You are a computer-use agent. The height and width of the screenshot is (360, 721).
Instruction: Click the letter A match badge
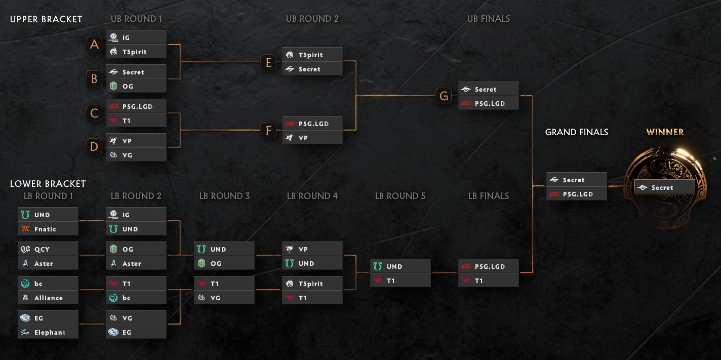point(94,44)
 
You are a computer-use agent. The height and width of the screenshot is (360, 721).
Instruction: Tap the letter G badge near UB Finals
point(444,96)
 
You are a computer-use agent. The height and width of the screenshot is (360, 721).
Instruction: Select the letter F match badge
point(269,130)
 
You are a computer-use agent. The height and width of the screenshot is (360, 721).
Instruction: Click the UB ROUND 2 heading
point(312,19)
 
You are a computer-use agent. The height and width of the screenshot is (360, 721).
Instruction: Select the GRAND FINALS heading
point(577,132)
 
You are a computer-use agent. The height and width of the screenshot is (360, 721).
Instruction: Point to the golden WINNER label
point(665,132)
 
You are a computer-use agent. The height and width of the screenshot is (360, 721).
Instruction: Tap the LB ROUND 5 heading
point(400,196)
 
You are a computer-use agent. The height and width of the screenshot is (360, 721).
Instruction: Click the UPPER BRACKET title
point(46,19)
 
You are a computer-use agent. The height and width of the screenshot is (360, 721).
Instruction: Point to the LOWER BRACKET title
point(48,184)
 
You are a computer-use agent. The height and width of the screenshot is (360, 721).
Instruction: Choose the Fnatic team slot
point(48,229)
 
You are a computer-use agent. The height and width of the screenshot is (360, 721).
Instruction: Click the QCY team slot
point(48,249)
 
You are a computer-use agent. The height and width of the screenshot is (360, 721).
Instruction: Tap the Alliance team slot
point(48,298)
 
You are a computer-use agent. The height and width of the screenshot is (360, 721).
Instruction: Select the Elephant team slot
point(48,332)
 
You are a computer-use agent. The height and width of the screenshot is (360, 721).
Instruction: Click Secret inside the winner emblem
point(664,187)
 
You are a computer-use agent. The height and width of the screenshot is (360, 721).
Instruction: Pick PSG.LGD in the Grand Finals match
point(576,194)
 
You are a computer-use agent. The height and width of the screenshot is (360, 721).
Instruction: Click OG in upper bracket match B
point(136,86)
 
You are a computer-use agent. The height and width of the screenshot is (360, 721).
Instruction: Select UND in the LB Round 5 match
point(400,266)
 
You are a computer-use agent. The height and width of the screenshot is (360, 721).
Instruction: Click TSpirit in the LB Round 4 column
point(312,284)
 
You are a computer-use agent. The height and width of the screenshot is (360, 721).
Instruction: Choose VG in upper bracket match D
point(136,155)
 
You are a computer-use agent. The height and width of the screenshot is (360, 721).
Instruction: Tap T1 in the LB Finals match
point(488,281)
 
